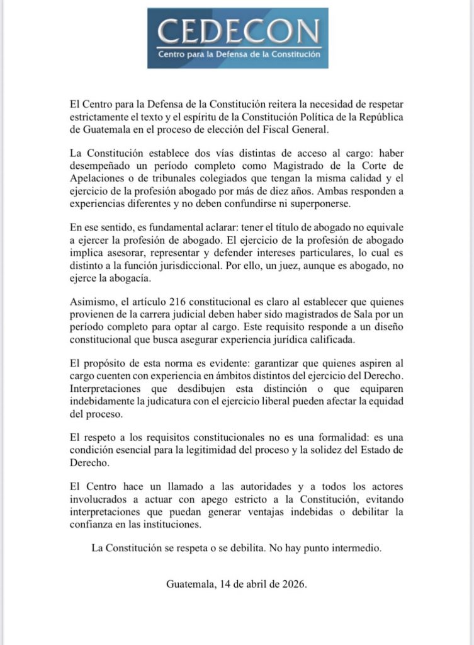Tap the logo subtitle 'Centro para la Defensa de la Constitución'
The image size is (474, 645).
tap(238, 55)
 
